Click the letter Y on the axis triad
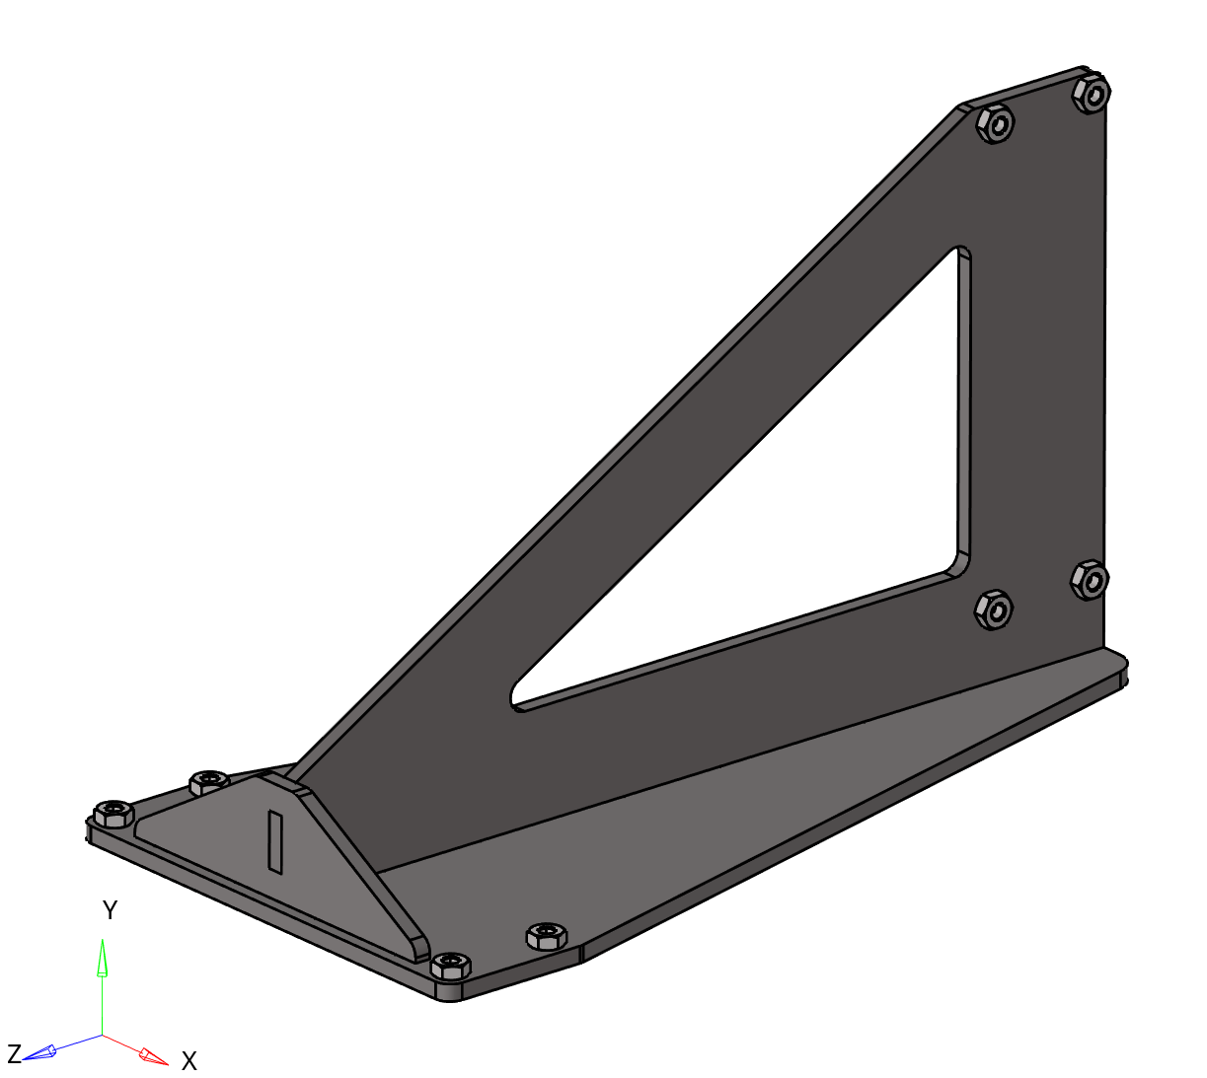(111, 910)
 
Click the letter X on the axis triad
(189, 1061)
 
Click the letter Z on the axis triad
(14, 1052)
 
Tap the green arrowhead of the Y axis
(102, 958)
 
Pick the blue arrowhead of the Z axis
(39, 1053)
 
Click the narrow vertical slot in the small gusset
(276, 841)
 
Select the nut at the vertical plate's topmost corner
(1092, 94)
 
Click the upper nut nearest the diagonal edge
(995, 124)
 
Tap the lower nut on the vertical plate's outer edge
(1090, 579)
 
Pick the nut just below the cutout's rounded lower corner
(994, 609)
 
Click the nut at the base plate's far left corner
(113, 814)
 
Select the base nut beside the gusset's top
(208, 782)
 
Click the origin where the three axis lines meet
(102, 1036)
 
